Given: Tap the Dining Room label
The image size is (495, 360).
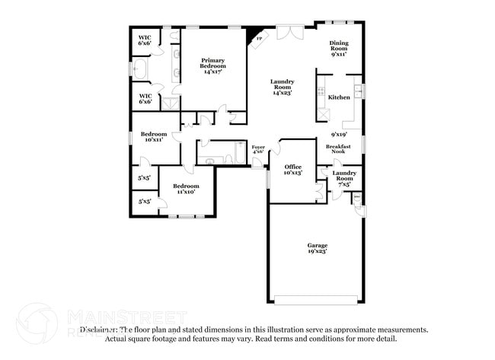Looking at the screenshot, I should [339, 49].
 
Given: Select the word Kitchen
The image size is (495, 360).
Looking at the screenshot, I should [339, 98].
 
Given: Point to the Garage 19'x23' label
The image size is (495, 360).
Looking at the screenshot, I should [318, 248].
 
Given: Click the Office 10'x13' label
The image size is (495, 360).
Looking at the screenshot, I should [293, 170].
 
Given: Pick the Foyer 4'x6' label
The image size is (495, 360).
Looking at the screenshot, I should [258, 149].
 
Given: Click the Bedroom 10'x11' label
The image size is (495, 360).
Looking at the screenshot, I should [153, 136].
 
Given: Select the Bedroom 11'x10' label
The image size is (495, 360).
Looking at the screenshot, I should [185, 189].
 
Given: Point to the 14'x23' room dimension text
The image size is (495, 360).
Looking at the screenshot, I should [283, 92].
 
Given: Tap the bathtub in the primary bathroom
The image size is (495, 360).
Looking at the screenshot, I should [139, 71].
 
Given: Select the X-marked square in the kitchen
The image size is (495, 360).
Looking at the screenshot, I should [324, 114].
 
